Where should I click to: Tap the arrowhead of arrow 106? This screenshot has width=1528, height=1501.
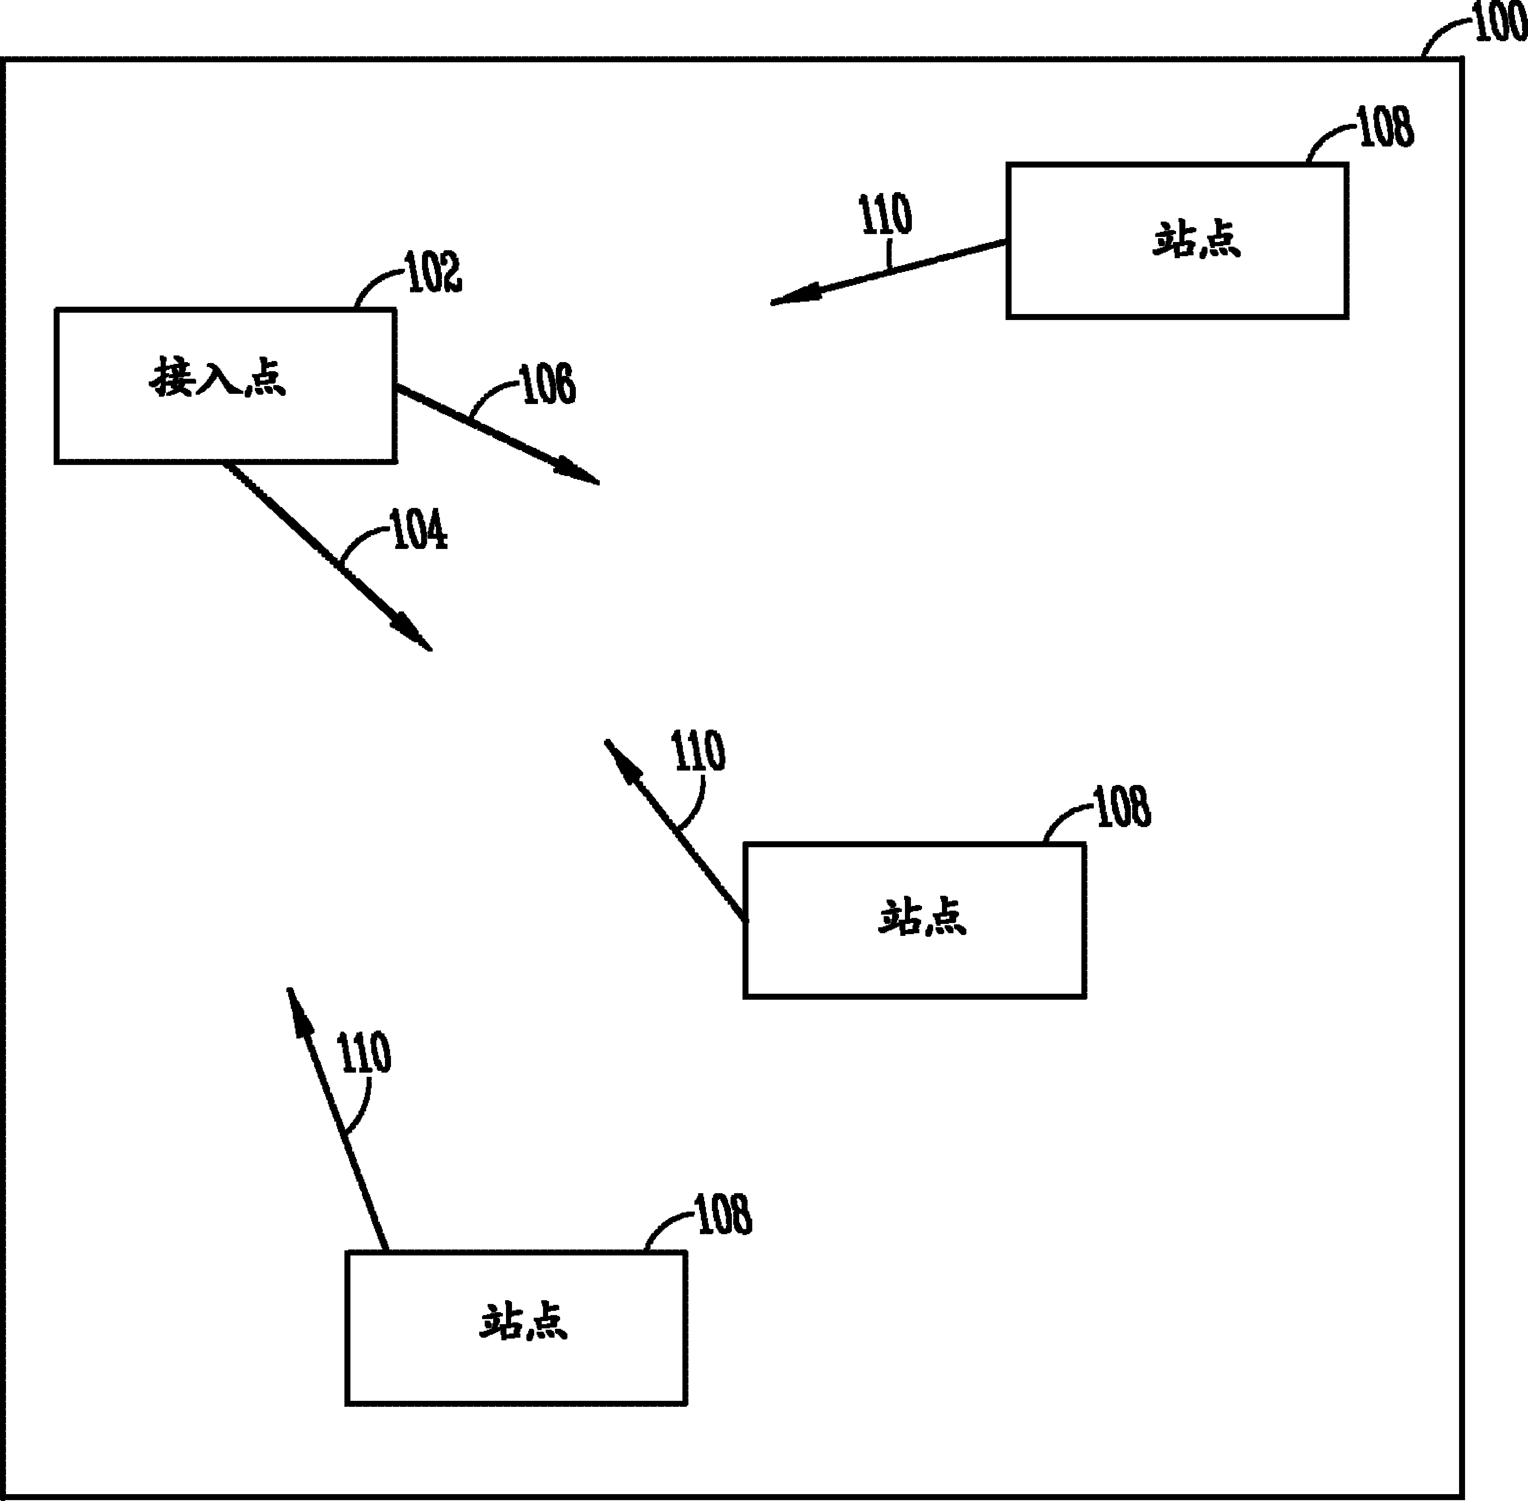click(578, 471)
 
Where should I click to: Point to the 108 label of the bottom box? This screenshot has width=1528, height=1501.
click(723, 1215)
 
